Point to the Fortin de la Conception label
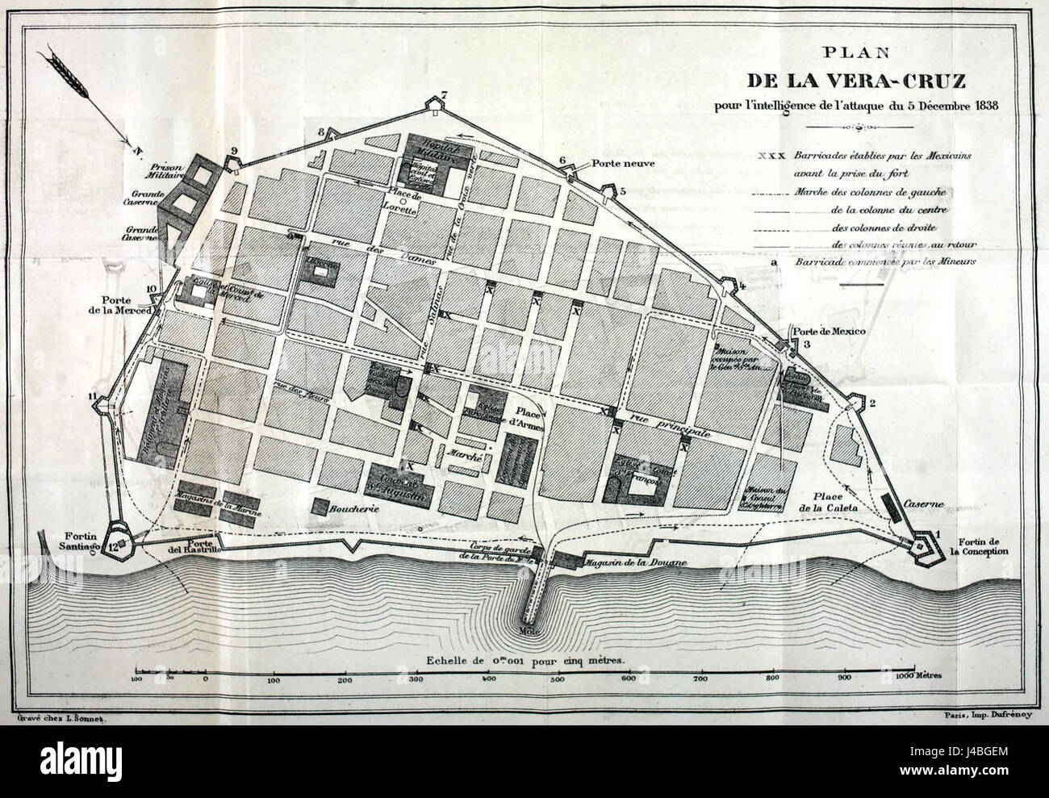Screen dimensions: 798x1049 (983, 546)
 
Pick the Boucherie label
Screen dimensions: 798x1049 (356, 511)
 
